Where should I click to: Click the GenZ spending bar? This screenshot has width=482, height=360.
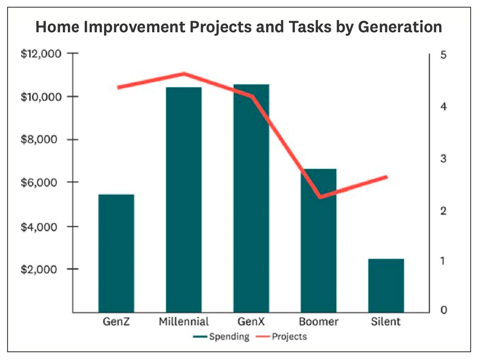coord(116,253)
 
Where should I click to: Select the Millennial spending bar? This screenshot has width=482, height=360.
coord(184,200)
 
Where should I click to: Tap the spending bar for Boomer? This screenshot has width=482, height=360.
coord(318,240)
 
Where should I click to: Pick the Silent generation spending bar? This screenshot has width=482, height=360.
coord(386,286)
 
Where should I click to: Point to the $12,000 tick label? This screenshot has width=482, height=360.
coord(41,54)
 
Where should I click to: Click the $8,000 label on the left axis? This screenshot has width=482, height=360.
coord(39,139)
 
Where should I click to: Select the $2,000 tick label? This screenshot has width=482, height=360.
coord(39,269)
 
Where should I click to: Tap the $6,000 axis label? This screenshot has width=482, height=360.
coord(39,182)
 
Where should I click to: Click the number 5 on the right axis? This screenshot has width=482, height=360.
coord(443,55)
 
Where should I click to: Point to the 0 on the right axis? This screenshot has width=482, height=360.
coord(443,310)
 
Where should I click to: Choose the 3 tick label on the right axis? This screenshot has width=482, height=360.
coord(443,159)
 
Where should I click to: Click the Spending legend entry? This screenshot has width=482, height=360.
coord(221,336)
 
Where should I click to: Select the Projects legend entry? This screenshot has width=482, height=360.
coord(281,336)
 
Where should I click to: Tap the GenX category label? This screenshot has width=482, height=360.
coord(251,322)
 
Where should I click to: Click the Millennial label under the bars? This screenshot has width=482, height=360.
coord(184,322)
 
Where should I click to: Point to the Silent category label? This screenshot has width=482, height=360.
coord(386,322)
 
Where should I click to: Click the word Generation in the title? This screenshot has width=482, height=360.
coord(400,27)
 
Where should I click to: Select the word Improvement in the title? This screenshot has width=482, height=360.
coord(134,27)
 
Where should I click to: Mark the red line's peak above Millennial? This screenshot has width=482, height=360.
coord(184,74)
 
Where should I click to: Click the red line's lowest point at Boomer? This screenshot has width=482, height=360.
coord(320,197)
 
